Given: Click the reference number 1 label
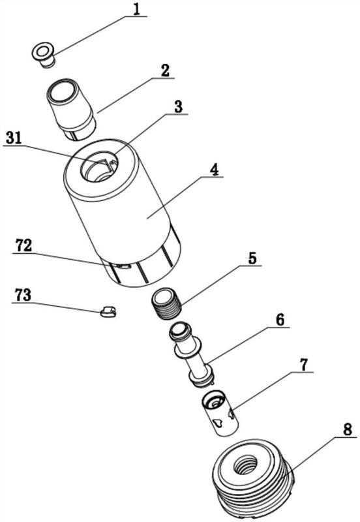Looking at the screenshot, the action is pos(136,9).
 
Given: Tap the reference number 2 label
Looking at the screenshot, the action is pos(164,70).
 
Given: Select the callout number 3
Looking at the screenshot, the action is pos(178,107).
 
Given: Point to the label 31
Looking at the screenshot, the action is pos(14,138).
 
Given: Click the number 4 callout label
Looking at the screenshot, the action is pos(214,170).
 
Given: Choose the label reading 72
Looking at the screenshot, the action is pos(23,246).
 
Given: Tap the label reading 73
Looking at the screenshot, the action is pos(23,296).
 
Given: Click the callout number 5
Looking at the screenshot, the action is pos(252,258).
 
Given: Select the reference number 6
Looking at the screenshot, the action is pos(280,320).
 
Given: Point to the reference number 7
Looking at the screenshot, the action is pos(304,365).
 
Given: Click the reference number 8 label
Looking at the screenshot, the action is pos(348,430).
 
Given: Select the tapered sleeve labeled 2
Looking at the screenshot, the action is pos(71,109).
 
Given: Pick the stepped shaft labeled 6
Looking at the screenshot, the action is pos(192,354).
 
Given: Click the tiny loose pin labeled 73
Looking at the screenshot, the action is pos(108,312).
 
